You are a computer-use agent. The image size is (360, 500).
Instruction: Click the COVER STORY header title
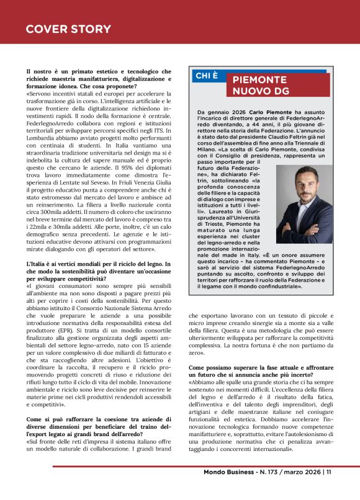(x=68, y=29)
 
